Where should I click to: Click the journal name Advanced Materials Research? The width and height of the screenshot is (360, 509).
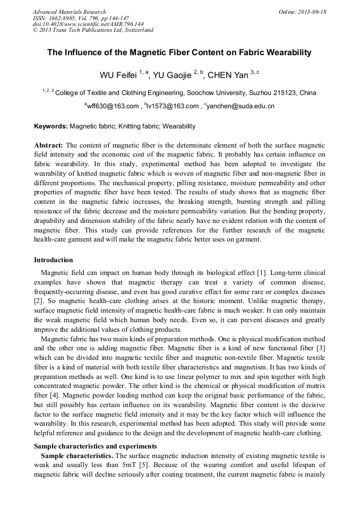(69, 12)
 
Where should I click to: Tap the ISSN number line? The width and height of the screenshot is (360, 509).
(81, 18)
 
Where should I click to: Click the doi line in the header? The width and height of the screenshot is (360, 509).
(88, 24)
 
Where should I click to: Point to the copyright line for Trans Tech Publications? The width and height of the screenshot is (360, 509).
(93, 30)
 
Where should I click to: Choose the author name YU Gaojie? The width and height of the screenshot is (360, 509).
(172, 75)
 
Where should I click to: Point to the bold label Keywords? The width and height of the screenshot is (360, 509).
(51, 126)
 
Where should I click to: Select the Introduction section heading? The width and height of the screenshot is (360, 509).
(54, 260)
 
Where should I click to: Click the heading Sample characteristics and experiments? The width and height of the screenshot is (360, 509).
(95, 446)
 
